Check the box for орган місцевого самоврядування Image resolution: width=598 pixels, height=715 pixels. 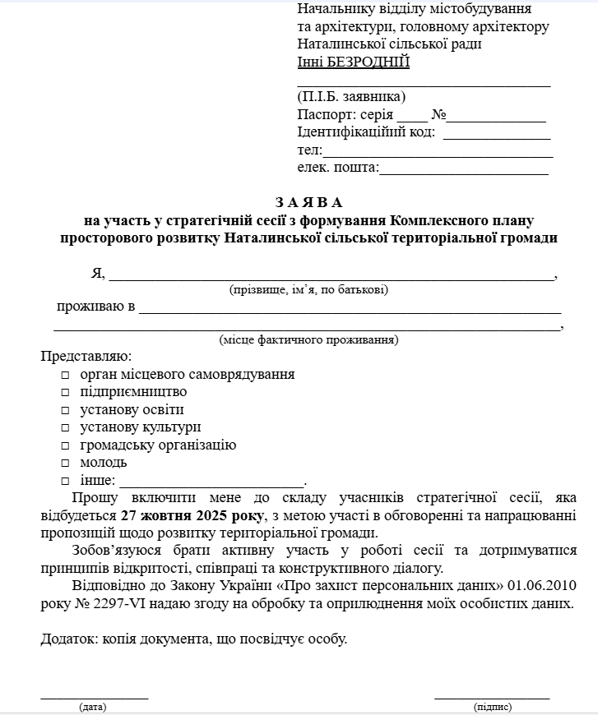click(65, 375)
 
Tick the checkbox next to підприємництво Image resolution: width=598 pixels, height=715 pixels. click(65, 393)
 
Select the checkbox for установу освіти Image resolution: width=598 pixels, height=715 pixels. click(65, 410)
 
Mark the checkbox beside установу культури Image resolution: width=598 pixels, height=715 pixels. click(65, 428)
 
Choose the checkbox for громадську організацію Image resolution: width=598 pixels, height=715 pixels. click(65, 446)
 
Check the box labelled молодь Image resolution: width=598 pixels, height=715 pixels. click(65, 464)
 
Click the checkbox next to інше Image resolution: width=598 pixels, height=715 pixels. click(65, 482)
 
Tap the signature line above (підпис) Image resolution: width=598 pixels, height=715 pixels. click(492, 698)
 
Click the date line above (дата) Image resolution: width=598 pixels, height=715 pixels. click(94, 698)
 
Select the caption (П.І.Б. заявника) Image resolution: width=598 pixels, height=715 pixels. click(351, 97)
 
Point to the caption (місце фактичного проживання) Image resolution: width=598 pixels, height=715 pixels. click(308, 339)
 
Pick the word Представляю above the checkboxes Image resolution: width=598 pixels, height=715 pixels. click(85, 357)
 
